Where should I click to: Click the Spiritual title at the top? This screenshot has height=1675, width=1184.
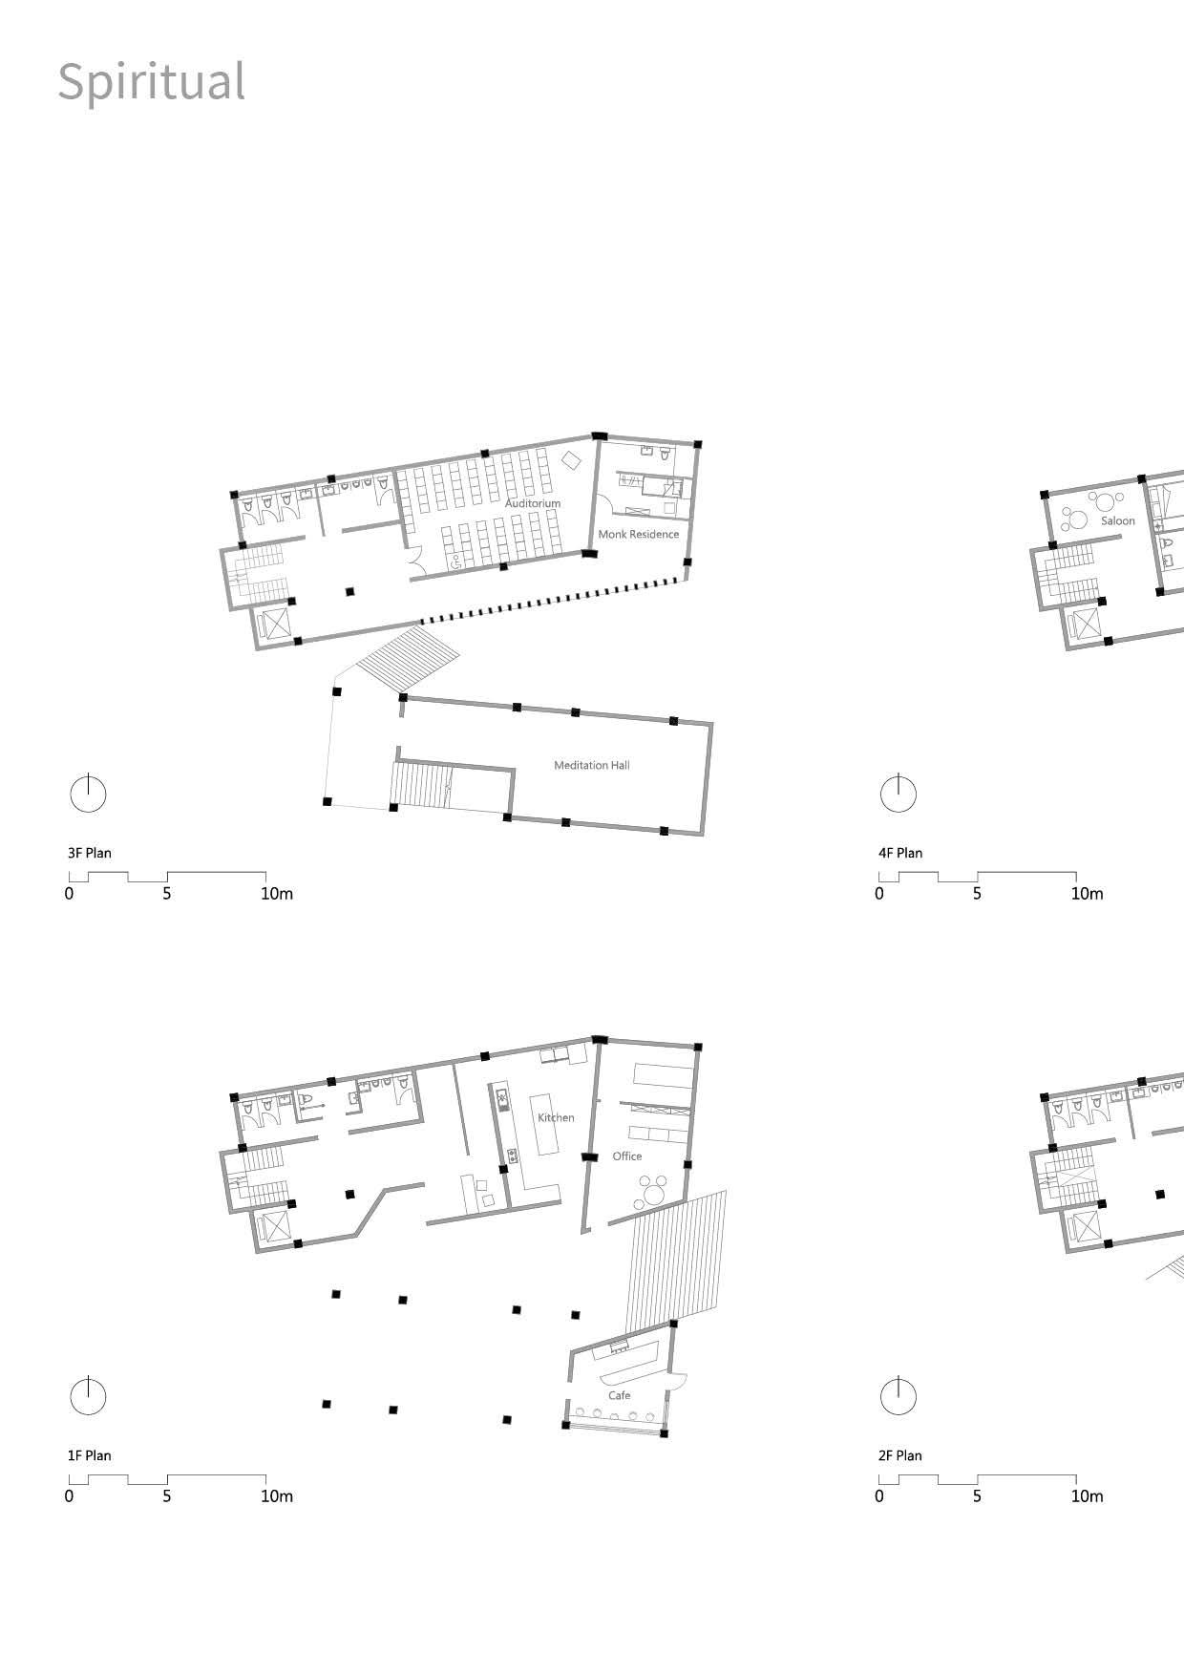152,81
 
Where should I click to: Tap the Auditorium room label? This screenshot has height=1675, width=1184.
533,503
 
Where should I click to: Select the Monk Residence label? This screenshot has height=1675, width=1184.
638,534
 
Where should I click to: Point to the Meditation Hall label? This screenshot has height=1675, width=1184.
592,765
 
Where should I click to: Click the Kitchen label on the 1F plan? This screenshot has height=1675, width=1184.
556,1117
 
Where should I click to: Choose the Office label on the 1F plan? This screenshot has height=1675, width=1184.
627,1156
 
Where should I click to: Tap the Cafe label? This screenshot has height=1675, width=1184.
620,1395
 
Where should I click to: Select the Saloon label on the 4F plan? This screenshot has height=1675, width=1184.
1118,520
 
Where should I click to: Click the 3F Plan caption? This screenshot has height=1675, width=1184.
90,853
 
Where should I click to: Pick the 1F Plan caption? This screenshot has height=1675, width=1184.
90,1455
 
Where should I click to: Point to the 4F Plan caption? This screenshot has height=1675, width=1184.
900,853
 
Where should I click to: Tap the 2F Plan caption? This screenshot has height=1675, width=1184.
900,1455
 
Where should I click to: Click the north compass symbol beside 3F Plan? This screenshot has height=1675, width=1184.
88,794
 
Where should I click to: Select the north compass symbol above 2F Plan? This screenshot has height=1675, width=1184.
898,1396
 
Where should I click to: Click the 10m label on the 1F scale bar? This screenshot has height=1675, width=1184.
277,1495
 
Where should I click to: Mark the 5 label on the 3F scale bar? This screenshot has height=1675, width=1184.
167,894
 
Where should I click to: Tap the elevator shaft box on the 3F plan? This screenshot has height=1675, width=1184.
276,624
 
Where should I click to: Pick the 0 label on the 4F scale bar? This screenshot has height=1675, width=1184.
879,894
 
